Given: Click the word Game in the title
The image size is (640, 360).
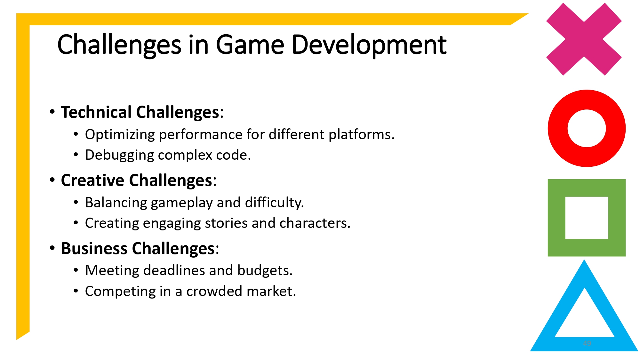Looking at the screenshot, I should (250, 45).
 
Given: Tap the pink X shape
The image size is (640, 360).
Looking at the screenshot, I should (584, 39).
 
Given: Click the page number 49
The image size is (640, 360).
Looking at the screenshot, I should (587, 343).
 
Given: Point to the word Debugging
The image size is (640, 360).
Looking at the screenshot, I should (119, 155).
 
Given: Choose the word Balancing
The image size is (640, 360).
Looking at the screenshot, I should (116, 203).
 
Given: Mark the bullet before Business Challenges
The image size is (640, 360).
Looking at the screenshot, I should (52, 248).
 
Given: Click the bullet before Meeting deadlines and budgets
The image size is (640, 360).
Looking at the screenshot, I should (76, 270).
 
